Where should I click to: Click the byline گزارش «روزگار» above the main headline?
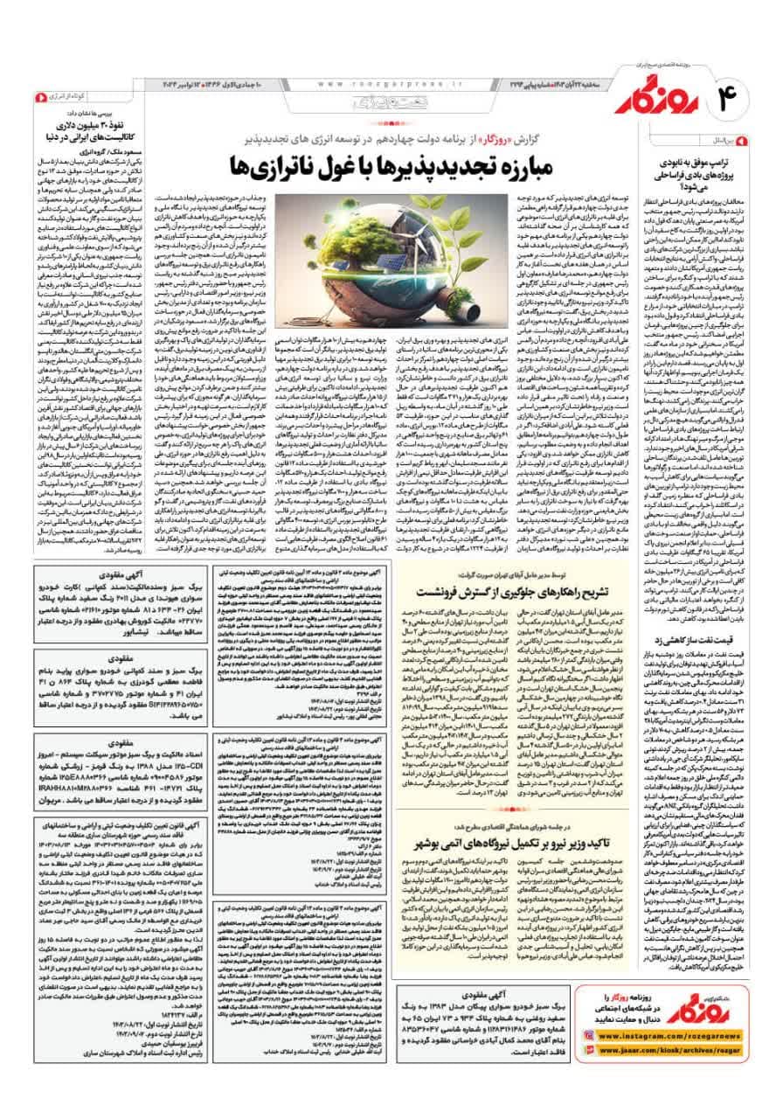[x=473, y=137]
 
